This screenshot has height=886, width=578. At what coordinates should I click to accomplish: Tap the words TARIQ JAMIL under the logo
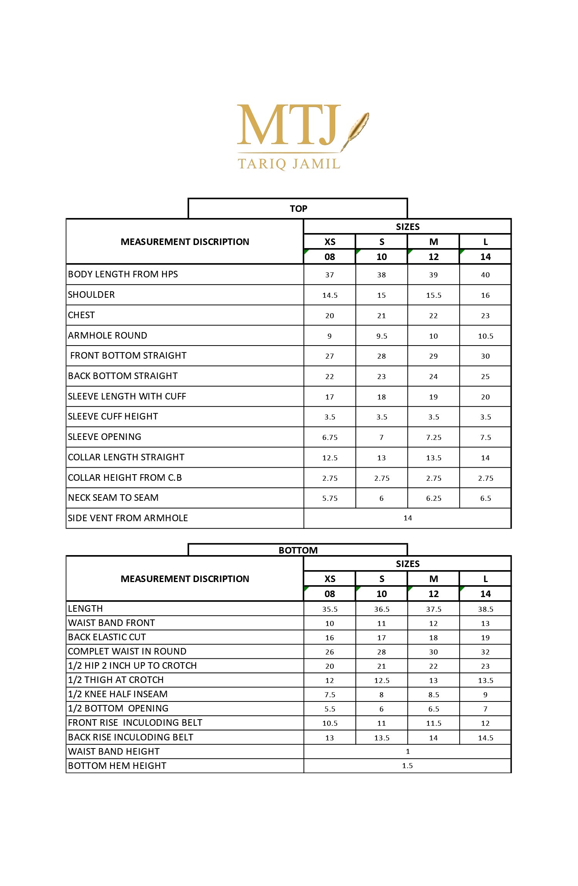[289, 164]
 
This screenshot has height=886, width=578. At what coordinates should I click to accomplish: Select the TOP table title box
[298, 208]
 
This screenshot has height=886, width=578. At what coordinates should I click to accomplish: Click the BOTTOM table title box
[298, 550]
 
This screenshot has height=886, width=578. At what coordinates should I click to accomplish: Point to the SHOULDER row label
[91, 295]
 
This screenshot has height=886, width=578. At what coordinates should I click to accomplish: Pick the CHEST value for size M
[434, 315]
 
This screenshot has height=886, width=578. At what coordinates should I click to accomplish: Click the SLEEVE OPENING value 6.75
[330, 437]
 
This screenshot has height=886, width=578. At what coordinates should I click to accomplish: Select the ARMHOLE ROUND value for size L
[486, 336]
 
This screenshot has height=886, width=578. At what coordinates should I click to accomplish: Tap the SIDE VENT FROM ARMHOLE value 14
[408, 518]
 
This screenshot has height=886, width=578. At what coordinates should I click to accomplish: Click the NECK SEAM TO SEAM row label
[113, 498]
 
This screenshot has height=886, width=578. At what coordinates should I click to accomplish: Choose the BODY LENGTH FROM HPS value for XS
[329, 275]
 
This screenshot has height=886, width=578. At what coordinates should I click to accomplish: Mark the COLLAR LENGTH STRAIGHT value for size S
[381, 458]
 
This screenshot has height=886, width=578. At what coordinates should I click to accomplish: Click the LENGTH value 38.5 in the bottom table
[486, 609]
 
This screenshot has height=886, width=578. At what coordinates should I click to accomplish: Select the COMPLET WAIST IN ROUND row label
[127, 651]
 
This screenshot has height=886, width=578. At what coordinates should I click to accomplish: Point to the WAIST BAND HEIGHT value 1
[408, 751]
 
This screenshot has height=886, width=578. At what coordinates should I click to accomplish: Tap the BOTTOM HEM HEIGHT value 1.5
[407, 765]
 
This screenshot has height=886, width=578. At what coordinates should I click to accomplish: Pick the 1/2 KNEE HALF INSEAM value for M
[434, 695]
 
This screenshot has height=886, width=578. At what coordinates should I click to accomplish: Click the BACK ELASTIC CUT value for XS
[329, 638]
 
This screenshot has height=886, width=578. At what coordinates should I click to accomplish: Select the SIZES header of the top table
[408, 227]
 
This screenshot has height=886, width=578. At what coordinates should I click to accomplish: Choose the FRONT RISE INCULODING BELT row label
[135, 723]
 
